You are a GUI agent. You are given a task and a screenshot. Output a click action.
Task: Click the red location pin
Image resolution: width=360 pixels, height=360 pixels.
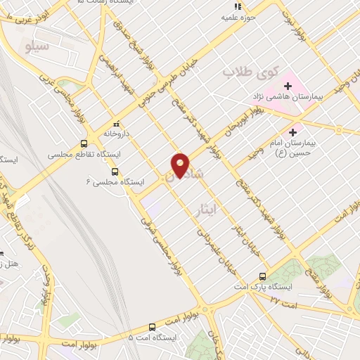click(181, 165)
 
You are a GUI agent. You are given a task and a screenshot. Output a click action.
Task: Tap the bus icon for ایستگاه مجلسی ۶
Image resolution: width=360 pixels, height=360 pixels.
click(115, 171)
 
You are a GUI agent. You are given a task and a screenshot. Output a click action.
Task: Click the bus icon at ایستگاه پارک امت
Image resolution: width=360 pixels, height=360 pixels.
click(262, 276)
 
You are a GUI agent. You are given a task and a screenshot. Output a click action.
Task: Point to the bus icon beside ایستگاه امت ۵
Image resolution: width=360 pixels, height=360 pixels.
click(152, 326)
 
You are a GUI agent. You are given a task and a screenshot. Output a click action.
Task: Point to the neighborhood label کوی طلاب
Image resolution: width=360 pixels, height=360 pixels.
click(251, 72)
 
